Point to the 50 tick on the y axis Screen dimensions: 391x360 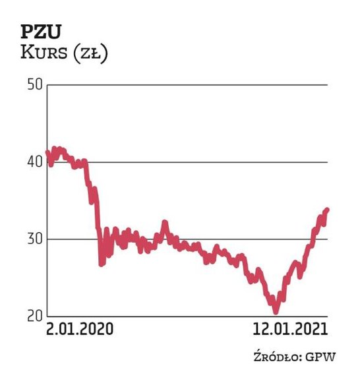click(x=34, y=85)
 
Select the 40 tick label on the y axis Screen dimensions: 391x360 click(x=34, y=162)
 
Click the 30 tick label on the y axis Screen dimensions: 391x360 click(x=34, y=239)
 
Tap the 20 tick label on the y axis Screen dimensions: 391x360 click(x=34, y=316)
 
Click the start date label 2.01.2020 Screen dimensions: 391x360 click(x=78, y=328)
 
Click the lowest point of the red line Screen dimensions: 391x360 click(x=276, y=311)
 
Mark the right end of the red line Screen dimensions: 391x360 click(x=327, y=210)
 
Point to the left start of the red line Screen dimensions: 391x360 click(x=47, y=153)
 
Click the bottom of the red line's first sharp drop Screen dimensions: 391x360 click(x=102, y=263)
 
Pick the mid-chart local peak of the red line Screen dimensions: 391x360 click(x=165, y=223)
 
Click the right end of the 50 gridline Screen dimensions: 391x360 click(x=327, y=85)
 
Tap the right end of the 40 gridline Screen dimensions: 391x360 click(x=327, y=162)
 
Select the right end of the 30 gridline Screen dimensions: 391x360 click(x=327, y=239)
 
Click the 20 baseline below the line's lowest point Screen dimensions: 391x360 click(x=276, y=316)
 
